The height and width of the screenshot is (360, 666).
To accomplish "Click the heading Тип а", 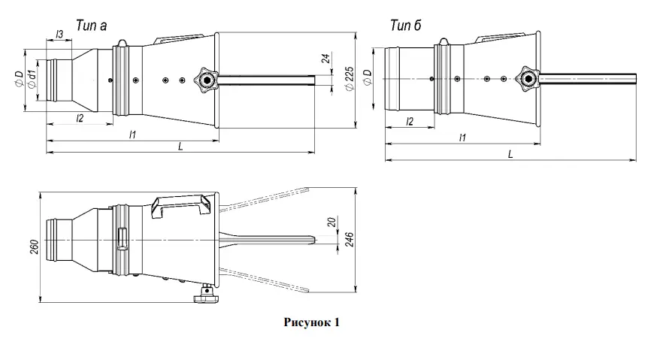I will [91, 26].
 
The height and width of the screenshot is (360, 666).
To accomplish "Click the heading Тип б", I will [405, 26].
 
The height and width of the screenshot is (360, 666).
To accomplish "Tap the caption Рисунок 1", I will [311, 322].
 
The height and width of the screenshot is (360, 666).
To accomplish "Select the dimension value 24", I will [325, 61].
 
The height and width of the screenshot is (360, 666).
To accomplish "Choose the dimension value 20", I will [331, 223].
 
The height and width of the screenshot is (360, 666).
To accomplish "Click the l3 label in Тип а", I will [59, 35].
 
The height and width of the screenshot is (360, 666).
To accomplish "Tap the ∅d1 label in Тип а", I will [32, 80].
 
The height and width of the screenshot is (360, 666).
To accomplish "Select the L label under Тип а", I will [180, 147].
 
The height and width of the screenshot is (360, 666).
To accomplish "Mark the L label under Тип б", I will [510, 154].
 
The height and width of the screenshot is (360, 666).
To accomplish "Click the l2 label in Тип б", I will [410, 121].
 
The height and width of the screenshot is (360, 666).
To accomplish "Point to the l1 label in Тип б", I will [462, 137].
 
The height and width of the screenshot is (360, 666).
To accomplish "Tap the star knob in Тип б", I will [529, 77].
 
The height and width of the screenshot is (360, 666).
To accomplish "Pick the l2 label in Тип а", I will [80, 117].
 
